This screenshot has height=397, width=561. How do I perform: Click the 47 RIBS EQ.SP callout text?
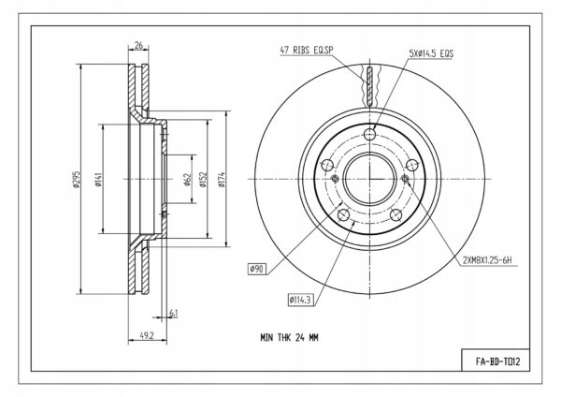coord(307,51)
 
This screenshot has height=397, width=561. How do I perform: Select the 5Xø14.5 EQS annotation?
coord(431,53)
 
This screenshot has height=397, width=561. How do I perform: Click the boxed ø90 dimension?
coord(257,269)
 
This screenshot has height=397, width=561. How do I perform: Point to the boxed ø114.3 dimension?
coord(301,300)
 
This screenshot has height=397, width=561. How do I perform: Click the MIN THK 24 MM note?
coord(289,337)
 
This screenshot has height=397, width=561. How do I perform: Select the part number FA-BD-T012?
coord(497,361)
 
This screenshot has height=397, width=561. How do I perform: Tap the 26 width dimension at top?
coord(138,45)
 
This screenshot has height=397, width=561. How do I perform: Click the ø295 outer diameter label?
coord(77,179)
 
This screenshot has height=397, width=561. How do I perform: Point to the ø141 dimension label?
coord(99,180)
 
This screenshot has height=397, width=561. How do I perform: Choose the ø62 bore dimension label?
coord(188,180)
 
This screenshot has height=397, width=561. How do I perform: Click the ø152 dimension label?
coord(203,180)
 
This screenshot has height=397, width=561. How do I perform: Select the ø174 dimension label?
coord(221,180)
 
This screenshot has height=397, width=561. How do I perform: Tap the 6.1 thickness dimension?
coord(173,314)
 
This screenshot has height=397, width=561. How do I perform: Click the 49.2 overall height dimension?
coord(147,336)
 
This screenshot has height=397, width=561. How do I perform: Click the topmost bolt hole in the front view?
coord(370,135)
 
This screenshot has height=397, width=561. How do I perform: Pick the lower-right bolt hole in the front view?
coord(396,215)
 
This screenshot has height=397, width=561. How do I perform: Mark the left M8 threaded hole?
coord(336,179)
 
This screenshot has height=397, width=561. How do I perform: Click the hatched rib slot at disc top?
coord(370,86)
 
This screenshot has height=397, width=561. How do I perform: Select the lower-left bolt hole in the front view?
coord(343,215)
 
